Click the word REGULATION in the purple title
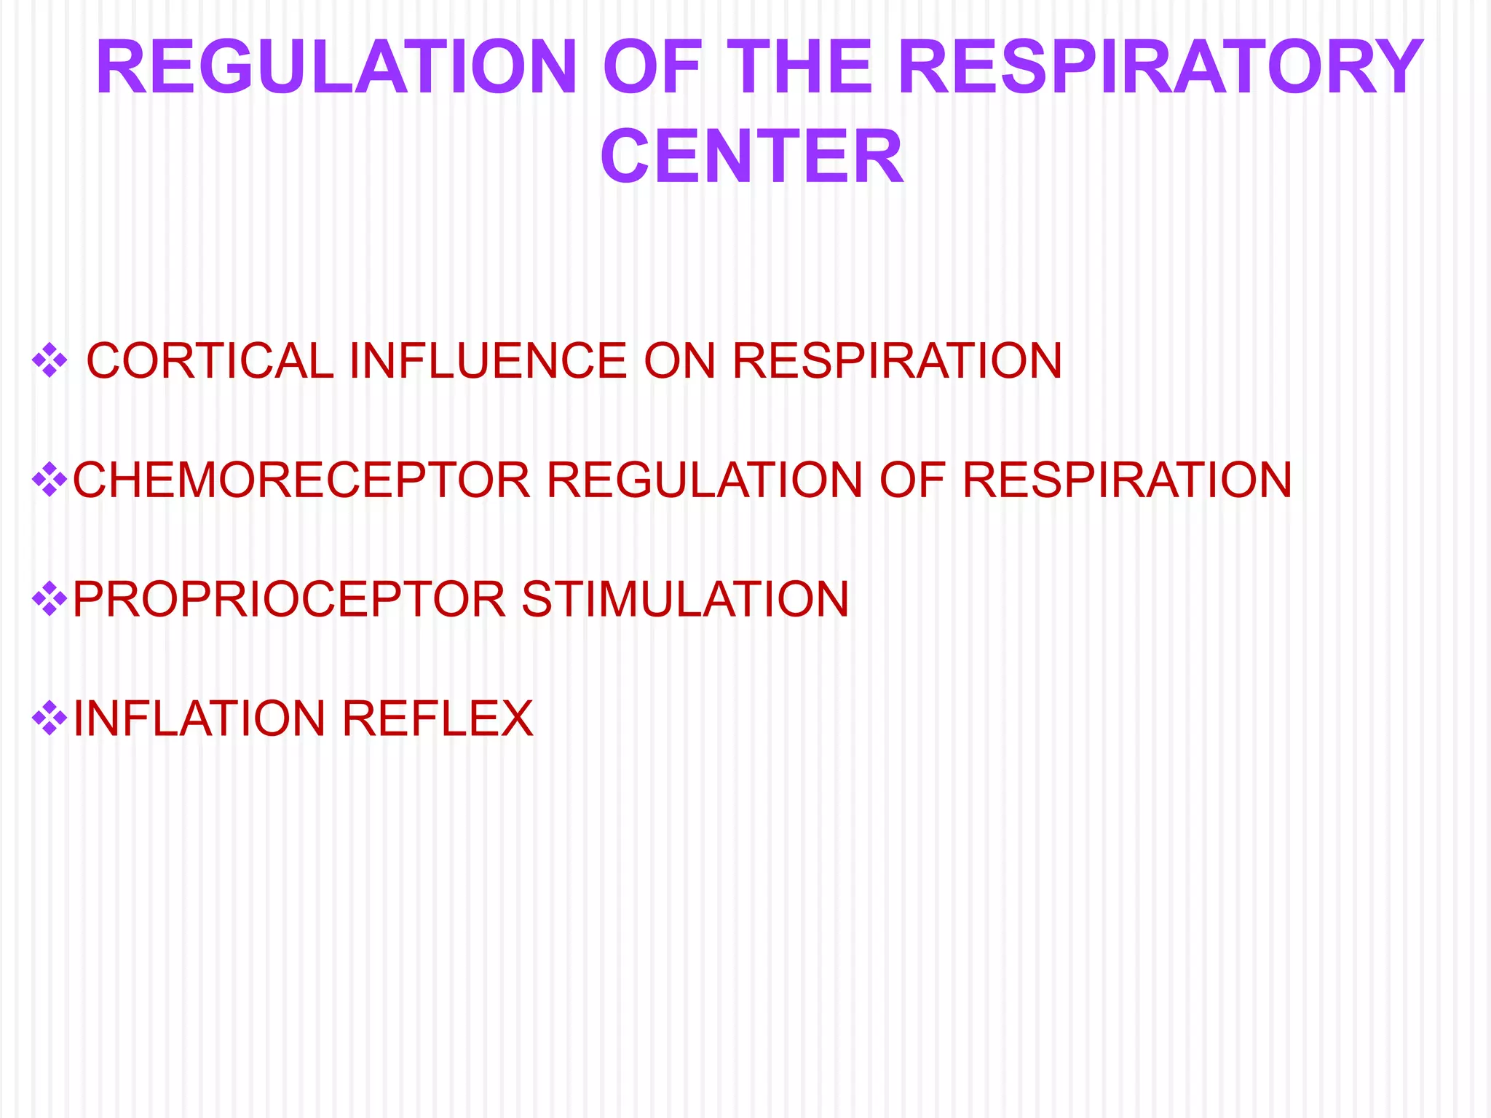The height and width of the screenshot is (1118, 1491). pos(336,68)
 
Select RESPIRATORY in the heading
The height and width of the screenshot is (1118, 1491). pos(1160,68)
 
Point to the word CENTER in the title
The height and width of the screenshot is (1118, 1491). pos(751,157)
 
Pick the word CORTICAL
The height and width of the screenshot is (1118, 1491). pos(210,361)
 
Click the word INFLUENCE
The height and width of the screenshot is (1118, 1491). pos(488,361)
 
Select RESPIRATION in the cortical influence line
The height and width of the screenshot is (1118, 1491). pos(897,361)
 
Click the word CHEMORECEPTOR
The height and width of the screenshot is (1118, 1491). pos(301,480)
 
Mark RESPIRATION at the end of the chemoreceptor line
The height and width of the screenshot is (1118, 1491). pos(1127,480)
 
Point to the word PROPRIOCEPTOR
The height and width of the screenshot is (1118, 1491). pos(289,600)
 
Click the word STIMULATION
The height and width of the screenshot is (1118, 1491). pos(685,600)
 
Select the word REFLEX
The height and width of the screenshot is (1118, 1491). pos(438,719)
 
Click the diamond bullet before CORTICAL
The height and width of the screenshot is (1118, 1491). pos(50,360)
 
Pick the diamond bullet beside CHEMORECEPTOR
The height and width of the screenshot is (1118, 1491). pos(50,480)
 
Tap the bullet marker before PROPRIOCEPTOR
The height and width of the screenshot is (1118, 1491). pos(50,599)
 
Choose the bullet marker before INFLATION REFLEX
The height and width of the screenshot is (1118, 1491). pos(50,718)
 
